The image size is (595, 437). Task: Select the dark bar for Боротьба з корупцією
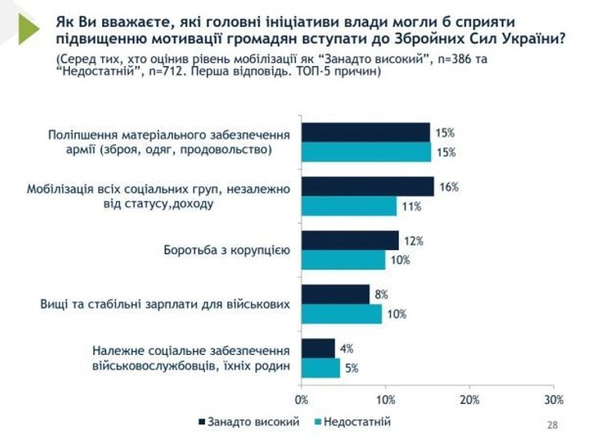(x=350, y=240)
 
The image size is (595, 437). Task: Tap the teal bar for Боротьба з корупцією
(x=343, y=259)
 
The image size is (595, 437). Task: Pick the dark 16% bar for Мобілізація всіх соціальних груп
(x=367, y=187)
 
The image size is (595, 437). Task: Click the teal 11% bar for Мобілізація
(x=349, y=206)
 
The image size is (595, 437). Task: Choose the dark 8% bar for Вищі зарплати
(x=335, y=294)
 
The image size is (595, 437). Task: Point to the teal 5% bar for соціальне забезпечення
(x=321, y=367)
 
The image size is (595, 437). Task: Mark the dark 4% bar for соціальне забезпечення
(x=318, y=348)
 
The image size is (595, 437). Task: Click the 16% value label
(x=449, y=187)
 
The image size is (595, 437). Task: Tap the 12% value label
(x=413, y=240)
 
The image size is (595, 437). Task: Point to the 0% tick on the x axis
(x=302, y=399)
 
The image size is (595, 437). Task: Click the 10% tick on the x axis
(x=386, y=399)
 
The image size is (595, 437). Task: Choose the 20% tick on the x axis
(x=470, y=399)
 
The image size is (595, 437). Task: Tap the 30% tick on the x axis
(x=553, y=399)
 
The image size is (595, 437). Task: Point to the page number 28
(x=552, y=425)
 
